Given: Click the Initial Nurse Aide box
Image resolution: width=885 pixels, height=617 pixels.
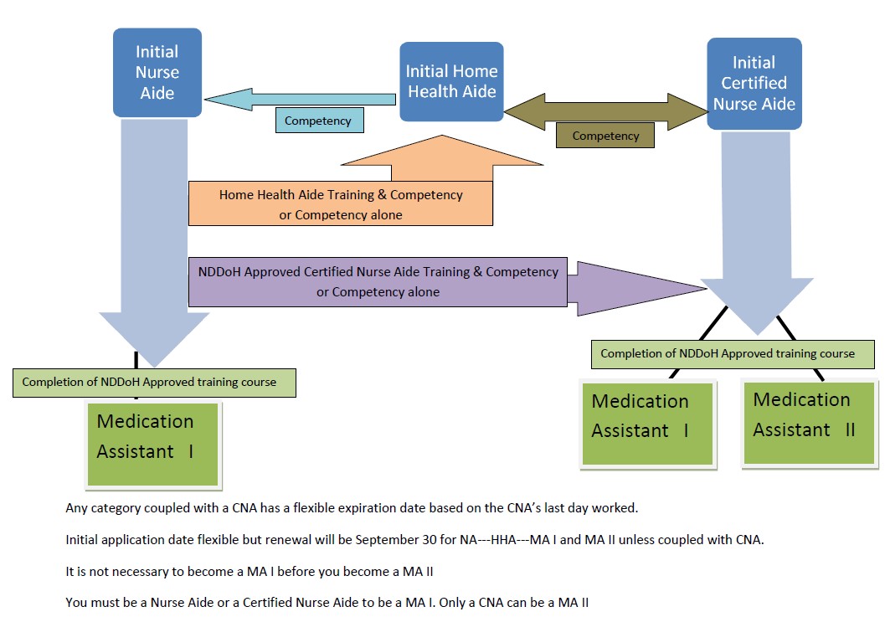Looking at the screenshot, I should click(157, 72).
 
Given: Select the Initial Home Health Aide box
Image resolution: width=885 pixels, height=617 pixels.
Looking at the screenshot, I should click(451, 81).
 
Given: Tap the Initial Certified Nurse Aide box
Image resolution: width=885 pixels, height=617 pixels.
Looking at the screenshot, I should click(754, 83).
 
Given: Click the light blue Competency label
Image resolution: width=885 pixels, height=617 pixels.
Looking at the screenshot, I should click(318, 121).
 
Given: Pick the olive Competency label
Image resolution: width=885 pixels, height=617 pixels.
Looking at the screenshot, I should click(605, 136).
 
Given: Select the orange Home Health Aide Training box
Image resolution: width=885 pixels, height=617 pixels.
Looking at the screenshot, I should click(340, 204).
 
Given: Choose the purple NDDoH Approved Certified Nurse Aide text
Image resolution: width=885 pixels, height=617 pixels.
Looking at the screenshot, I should click(378, 272).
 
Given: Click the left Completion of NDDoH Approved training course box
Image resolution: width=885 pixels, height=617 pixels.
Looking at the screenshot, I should click(149, 382).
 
